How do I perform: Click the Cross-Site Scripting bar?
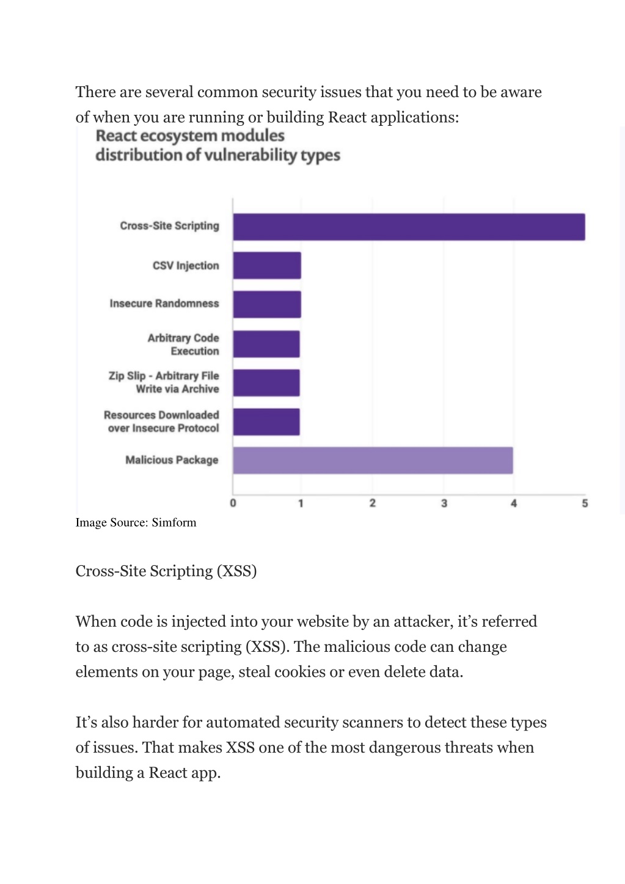point(409,227)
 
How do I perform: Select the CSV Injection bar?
point(267,266)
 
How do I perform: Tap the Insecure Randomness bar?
point(267,304)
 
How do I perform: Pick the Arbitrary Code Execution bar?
point(266,344)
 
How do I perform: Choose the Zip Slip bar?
point(266,383)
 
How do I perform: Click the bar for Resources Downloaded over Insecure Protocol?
point(266,422)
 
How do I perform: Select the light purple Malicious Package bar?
point(373,460)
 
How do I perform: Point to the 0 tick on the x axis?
point(233,503)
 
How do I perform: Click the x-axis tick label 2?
point(373,503)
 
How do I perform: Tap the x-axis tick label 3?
point(444,503)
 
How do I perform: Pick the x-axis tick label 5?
point(585,503)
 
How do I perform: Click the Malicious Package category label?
point(172,460)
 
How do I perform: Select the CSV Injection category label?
point(186,266)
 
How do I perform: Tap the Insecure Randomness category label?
point(164,304)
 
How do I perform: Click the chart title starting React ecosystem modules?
point(217,145)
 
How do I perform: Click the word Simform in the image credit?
point(174,522)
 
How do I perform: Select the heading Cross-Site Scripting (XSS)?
point(166,571)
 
